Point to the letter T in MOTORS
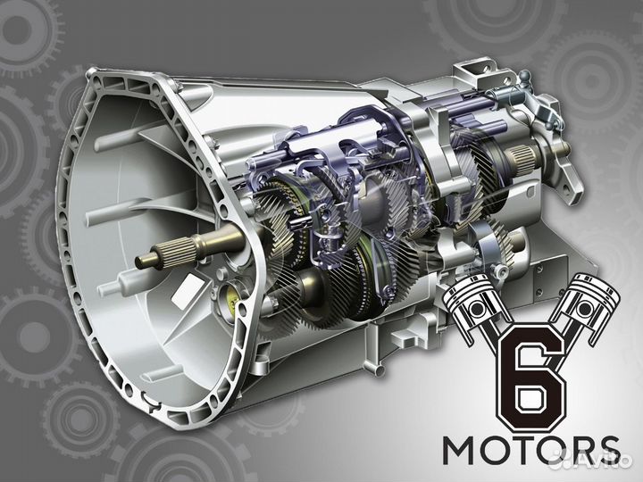coord(520,451)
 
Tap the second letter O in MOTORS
coord(549,451)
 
